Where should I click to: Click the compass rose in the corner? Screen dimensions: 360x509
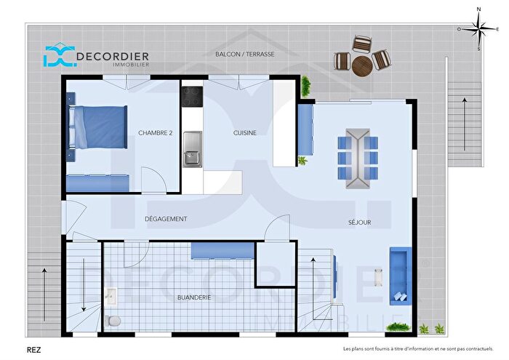point(478,29)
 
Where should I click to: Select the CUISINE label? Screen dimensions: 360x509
point(244,132)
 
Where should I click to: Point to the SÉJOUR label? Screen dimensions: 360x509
point(359,223)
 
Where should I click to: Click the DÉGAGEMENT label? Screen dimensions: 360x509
point(166,219)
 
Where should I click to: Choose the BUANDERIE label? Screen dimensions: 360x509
point(194,297)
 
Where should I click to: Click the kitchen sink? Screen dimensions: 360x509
point(193,148)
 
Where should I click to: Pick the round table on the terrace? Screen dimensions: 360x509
point(361,64)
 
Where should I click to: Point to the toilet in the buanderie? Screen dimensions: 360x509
point(113,320)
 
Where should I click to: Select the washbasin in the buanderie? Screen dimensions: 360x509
point(111,295)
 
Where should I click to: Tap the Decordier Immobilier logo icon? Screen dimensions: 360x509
point(56,57)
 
